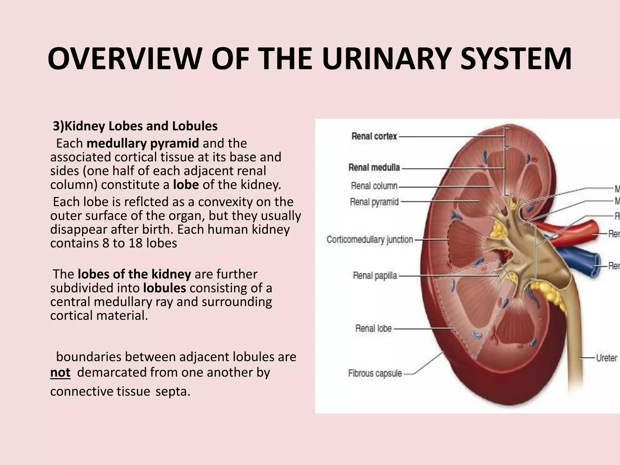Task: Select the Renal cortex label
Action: click(374, 136)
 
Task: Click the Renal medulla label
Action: click(374, 167)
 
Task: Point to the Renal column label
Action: click(374, 186)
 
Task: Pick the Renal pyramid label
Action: click(374, 202)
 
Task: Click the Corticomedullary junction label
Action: click(370, 239)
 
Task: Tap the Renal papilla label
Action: click(375, 275)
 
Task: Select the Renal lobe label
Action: click(373, 328)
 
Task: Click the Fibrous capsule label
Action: click(375, 373)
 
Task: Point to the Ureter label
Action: click(606, 358)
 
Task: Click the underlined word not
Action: click(60, 372)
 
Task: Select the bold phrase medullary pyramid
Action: click(143, 143)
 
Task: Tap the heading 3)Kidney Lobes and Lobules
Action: click(135, 126)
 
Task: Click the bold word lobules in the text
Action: click(164, 288)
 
